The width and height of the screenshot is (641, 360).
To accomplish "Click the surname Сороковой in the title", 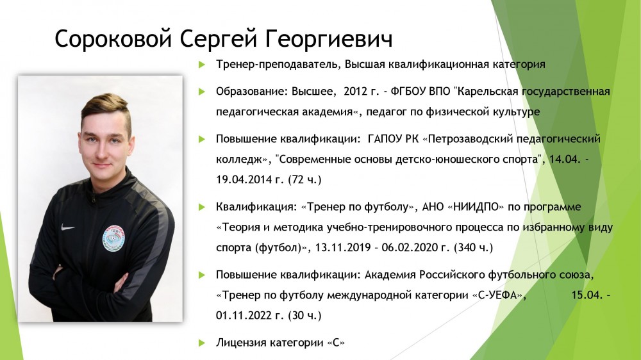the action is pos(113,39).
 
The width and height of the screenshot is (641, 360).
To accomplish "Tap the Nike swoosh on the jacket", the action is pos(67,227).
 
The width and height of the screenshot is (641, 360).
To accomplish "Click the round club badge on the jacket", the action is pos(113,238).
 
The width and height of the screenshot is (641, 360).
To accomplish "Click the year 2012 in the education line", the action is pos(356,92).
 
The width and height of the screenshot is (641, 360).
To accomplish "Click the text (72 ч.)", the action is pos(305,180).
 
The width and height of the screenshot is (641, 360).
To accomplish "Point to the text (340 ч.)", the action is pos(474,248).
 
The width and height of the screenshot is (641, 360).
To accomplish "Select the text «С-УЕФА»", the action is pos(499,295).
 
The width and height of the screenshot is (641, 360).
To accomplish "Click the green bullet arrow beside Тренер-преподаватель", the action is pos(201,65).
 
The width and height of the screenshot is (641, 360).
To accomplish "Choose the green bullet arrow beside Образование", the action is pos(201,92).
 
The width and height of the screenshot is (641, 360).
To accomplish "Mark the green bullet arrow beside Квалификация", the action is pos(201,207).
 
